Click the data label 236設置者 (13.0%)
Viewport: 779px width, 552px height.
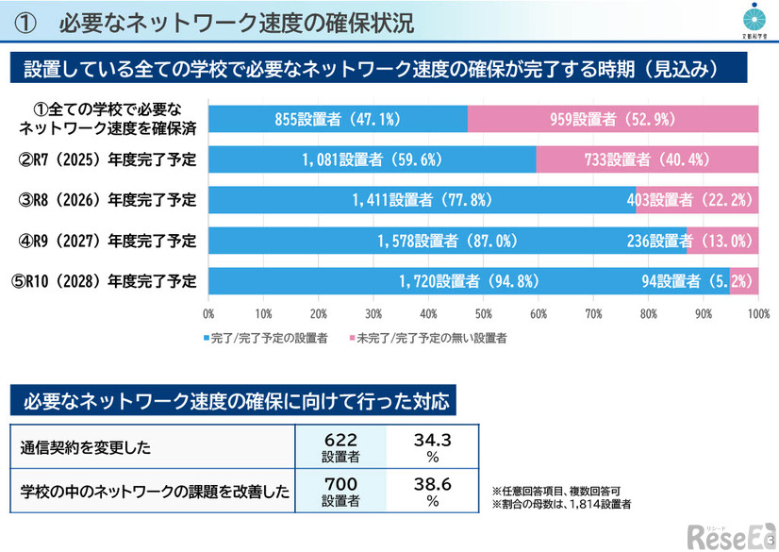pyautogui.click(x=690, y=241)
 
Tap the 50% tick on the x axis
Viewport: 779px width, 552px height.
pyautogui.click(x=484, y=313)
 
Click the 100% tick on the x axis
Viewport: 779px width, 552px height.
pyautogui.click(x=757, y=313)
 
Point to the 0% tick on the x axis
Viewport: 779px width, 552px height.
pyautogui.click(x=208, y=313)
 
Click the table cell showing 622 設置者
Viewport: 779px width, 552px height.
pyautogui.click(x=340, y=447)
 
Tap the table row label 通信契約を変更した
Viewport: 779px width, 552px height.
pyautogui.click(x=87, y=447)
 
